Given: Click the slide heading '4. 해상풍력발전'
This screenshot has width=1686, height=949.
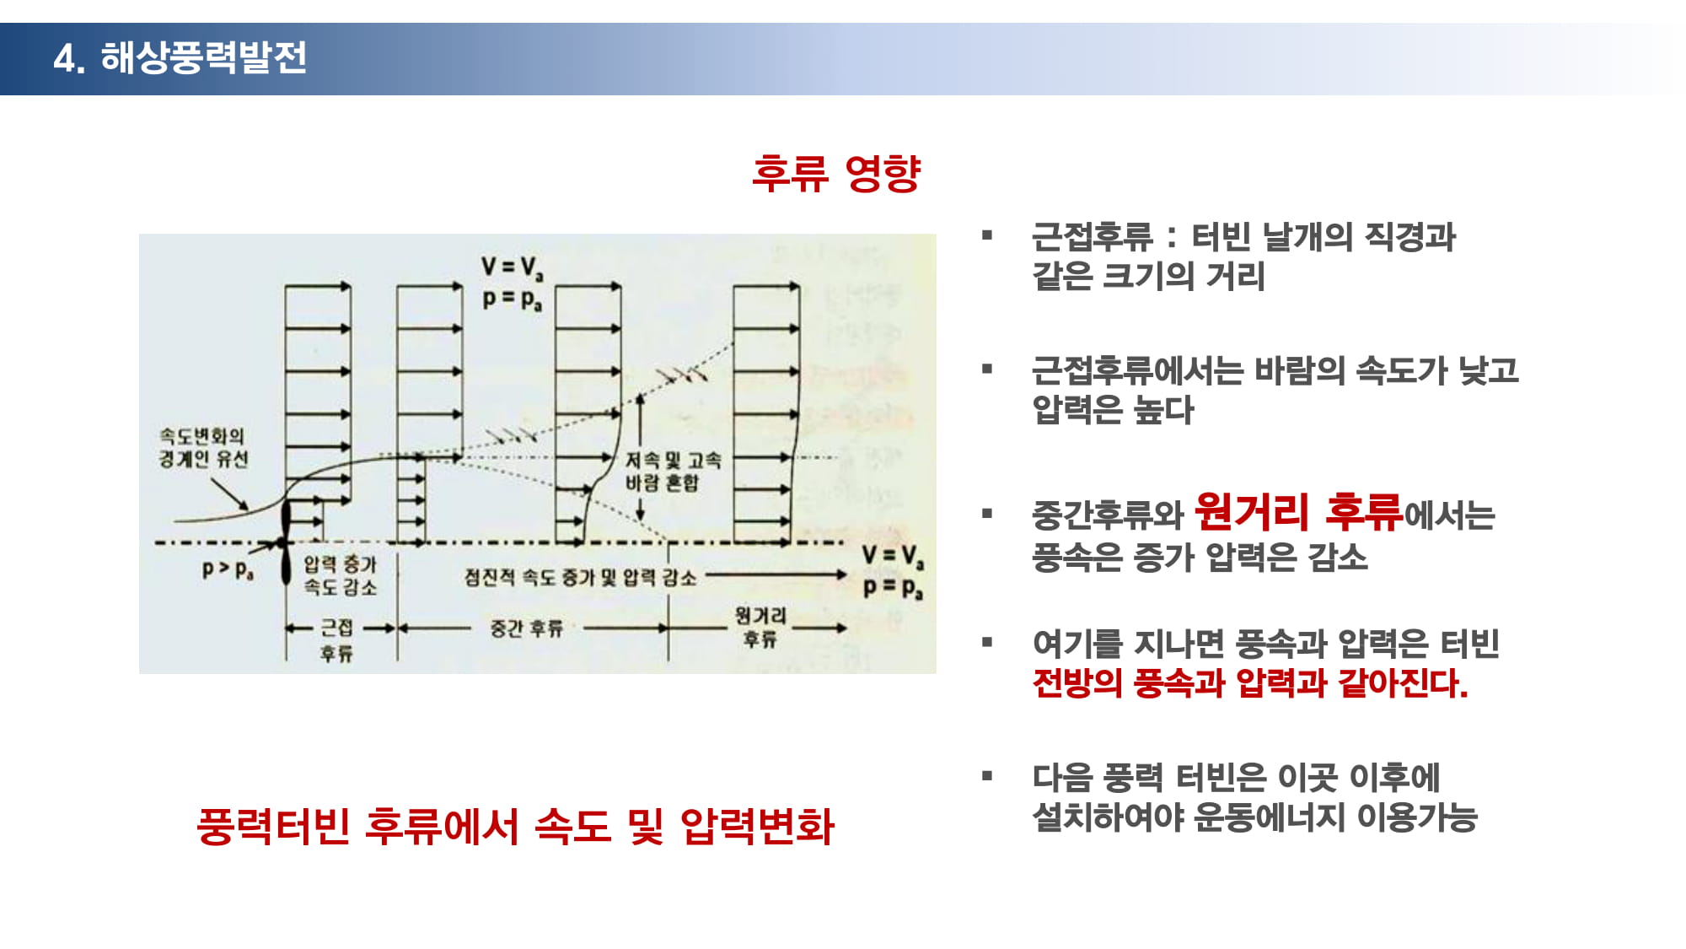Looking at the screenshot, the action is (180, 58).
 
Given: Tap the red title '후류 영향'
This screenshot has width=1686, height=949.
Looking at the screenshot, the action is (836, 173).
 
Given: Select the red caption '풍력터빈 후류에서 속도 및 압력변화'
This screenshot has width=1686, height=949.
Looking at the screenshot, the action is (515, 826).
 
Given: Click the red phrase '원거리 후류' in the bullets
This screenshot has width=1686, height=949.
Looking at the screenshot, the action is (1299, 511).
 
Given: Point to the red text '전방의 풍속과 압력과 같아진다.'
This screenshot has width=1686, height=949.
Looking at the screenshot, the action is (1250, 683).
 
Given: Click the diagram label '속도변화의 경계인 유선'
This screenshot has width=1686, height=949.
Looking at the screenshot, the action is (203, 447).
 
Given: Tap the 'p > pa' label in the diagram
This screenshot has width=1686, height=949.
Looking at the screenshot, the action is (228, 569).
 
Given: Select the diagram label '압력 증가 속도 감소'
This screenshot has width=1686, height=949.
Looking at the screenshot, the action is (340, 575).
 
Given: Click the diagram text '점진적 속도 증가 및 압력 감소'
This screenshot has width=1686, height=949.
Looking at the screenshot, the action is (580, 577).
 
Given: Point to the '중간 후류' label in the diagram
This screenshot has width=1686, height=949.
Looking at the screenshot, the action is (526, 628).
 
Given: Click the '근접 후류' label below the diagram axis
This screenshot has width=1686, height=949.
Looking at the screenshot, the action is (337, 640).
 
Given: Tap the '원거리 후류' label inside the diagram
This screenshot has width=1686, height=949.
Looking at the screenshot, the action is (760, 627).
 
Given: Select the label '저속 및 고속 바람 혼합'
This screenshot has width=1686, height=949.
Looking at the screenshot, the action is (673, 471).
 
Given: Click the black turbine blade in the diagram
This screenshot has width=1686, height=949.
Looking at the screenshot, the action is (285, 540).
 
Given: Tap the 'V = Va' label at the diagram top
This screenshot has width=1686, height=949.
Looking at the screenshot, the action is (513, 268).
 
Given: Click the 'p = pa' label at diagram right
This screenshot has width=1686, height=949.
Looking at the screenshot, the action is (893, 587).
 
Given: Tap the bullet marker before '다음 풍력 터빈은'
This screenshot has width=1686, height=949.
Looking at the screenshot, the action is (987, 776).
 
